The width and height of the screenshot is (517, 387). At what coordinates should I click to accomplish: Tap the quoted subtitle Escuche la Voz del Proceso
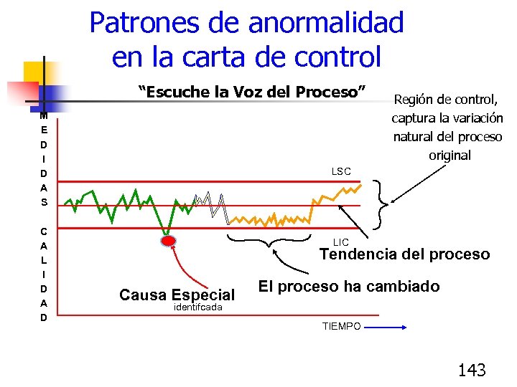pyautogui.click(x=252, y=92)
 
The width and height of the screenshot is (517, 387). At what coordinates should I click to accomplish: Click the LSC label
pyautogui.click(x=341, y=171)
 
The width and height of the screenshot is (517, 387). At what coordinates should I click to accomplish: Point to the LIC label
pyautogui.click(x=341, y=242)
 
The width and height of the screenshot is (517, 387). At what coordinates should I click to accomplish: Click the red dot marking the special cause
pyautogui.click(x=168, y=241)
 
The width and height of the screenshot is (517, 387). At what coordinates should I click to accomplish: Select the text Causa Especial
pyautogui.click(x=177, y=295)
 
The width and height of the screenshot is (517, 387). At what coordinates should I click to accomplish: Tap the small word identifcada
pyautogui.click(x=198, y=307)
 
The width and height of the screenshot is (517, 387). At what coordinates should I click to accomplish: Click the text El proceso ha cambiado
pyautogui.click(x=349, y=287)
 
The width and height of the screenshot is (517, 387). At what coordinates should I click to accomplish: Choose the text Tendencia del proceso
pyautogui.click(x=404, y=254)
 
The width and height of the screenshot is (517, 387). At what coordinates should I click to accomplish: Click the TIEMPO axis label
pyautogui.click(x=341, y=326)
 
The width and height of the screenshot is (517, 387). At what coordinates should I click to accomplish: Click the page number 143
pyautogui.click(x=472, y=370)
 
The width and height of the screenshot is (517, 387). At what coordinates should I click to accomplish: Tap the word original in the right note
pyautogui.click(x=450, y=155)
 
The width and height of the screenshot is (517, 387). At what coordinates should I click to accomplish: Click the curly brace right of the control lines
pyautogui.click(x=381, y=204)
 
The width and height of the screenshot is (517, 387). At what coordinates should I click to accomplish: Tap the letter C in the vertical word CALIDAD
pyautogui.click(x=44, y=231)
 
